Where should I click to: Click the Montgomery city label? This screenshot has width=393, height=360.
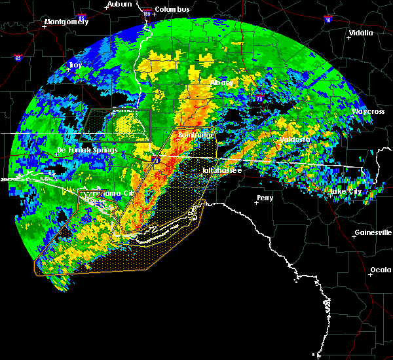pyautogui.click(x=66, y=22)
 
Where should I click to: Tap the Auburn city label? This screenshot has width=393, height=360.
pyautogui.click(x=119, y=4)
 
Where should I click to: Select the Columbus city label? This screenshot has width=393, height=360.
pyautogui.click(x=173, y=9)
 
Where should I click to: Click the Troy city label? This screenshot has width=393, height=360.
pyautogui.click(x=76, y=65)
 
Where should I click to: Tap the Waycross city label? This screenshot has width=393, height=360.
pyautogui.click(x=367, y=111)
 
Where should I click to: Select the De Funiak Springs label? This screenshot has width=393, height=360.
pyautogui.click(x=87, y=150)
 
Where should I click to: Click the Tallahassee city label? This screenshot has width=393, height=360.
pyautogui.click(x=221, y=170)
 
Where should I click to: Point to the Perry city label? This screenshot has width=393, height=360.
pyautogui.click(x=265, y=198)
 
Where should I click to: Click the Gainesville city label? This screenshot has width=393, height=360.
pyautogui.click(x=373, y=232)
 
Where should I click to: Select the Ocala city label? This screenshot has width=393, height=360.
pyautogui.click(x=380, y=270)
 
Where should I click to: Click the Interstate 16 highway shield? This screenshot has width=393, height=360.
pyautogui.click(x=327, y=20)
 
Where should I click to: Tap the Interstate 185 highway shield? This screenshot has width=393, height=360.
pyautogui.click(x=146, y=12)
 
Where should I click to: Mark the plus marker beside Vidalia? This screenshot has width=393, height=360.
pyautogui.click(x=349, y=37)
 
